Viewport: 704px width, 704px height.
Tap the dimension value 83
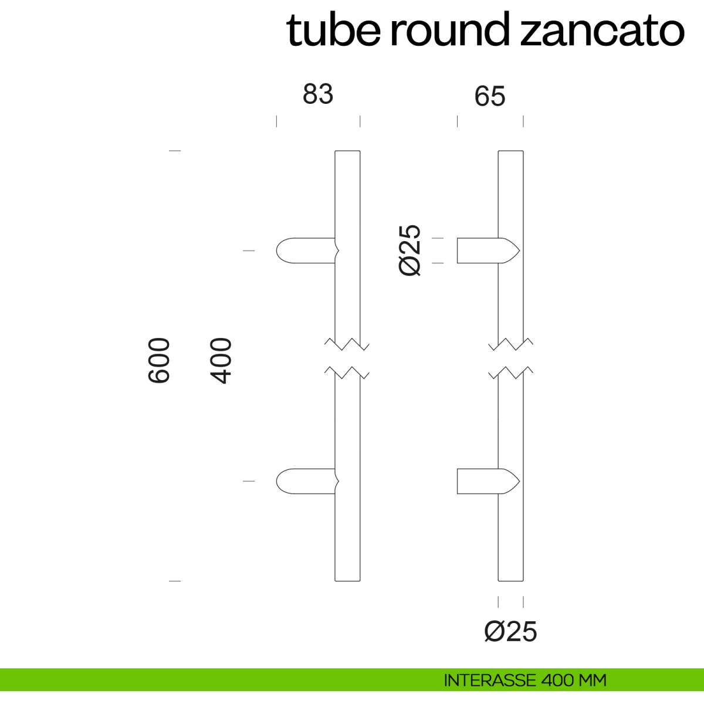[x=318, y=94]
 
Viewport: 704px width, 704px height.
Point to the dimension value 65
[x=489, y=96]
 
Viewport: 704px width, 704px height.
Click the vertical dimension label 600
[x=159, y=360]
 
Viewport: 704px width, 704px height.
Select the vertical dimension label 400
[x=221, y=361]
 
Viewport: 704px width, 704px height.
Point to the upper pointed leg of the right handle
[x=489, y=251]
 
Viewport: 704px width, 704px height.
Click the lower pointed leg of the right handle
[x=489, y=481]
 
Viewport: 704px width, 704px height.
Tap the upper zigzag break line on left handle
[x=347, y=344]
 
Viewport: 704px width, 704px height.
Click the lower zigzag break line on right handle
[x=511, y=373]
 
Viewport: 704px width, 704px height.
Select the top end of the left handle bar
[x=347, y=151]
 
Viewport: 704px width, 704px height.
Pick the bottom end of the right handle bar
[x=511, y=581]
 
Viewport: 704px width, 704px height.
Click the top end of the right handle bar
[x=511, y=151]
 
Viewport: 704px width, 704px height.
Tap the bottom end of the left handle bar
[x=347, y=581]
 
